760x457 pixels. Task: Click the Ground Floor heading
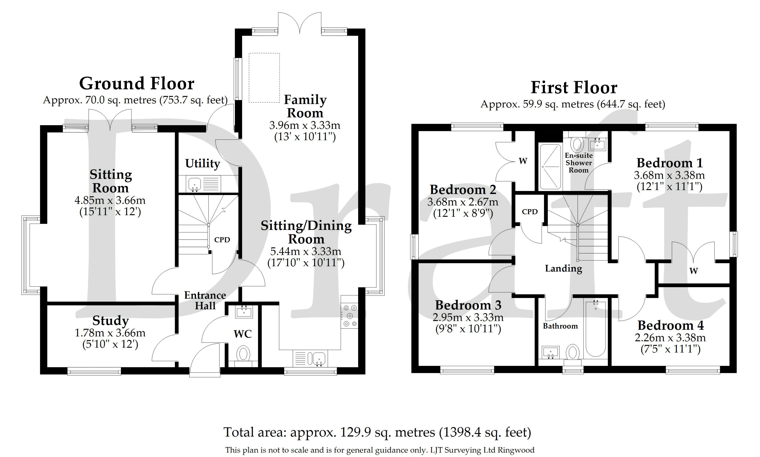[x=137, y=84]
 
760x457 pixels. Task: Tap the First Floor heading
[x=574, y=87]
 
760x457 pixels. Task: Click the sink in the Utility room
[x=194, y=184]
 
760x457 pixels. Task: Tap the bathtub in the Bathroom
[x=596, y=329]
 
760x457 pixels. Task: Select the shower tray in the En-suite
[x=550, y=167]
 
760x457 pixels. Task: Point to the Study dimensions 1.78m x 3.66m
[x=110, y=333]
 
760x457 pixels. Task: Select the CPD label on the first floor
[x=530, y=211]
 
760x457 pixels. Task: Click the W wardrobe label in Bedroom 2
[x=523, y=161]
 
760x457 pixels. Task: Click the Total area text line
[x=377, y=432]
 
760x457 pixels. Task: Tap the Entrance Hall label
[x=205, y=301]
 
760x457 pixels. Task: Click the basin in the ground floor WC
[x=244, y=311]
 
